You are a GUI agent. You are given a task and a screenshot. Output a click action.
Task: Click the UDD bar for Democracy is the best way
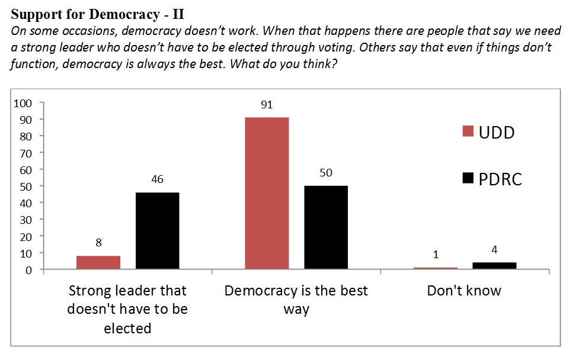click(267, 193)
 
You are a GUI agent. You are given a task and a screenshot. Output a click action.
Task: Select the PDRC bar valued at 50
click(326, 227)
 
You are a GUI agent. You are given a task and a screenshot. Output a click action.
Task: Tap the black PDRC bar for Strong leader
click(157, 231)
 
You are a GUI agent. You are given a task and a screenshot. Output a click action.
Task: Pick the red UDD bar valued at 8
click(98, 262)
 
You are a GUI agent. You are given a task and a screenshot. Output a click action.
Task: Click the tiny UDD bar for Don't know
click(436, 268)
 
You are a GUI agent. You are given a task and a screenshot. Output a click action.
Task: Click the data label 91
click(267, 105)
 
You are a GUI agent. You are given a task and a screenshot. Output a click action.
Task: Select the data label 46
click(157, 179)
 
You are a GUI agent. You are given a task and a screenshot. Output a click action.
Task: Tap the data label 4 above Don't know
click(494, 250)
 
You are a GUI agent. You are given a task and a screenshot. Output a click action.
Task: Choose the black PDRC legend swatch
click(468, 179)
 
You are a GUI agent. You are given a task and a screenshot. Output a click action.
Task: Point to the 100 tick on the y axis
click(22, 103)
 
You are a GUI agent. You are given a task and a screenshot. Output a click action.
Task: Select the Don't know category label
click(464, 291)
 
